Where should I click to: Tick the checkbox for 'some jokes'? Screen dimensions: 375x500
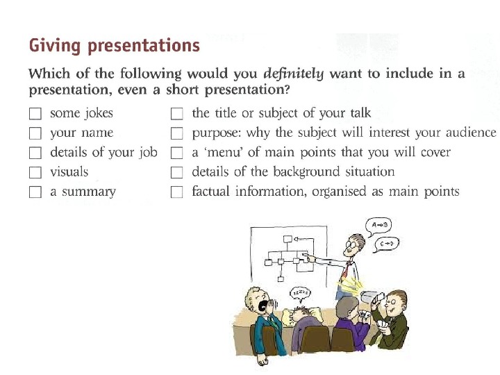click(x=36, y=113)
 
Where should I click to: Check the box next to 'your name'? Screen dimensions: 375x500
click(x=36, y=133)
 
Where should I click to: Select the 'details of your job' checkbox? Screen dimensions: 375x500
click(x=36, y=152)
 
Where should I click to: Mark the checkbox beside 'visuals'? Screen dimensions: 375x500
click(x=36, y=172)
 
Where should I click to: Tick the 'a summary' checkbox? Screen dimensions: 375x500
click(x=36, y=192)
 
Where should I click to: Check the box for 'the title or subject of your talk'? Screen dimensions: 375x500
click(x=177, y=113)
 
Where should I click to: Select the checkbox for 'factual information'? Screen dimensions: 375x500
click(x=177, y=192)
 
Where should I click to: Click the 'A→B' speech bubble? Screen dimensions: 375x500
click(x=381, y=225)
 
